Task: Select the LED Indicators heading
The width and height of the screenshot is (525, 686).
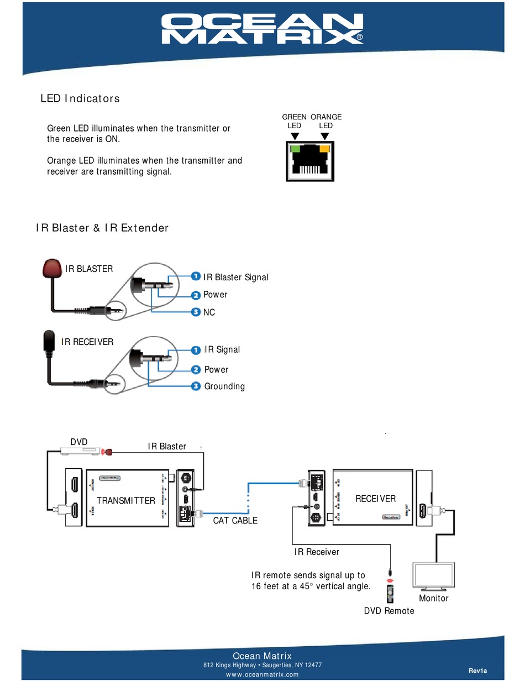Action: coord(80,99)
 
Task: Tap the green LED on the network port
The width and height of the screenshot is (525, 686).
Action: coord(296,149)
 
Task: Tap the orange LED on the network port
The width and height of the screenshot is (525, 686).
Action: coord(324,149)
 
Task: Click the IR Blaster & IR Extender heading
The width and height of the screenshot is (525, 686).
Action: coord(102,228)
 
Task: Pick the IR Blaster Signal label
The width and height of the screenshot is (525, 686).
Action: coord(235,277)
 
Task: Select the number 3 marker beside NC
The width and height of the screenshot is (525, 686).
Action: coord(195,312)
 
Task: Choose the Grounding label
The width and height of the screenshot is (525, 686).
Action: coord(224,386)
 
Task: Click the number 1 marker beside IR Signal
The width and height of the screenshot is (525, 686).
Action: coord(195,349)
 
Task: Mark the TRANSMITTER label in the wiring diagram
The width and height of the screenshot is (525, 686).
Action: coord(126,501)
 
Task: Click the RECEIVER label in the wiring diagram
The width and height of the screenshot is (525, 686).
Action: coord(375,499)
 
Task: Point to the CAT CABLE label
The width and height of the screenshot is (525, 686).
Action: coord(235,521)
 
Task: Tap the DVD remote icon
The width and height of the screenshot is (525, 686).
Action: coord(391,591)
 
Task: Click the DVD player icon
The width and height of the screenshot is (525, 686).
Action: coord(80,452)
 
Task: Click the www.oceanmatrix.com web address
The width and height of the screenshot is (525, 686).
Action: coord(262,674)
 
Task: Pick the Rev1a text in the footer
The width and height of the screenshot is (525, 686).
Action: coord(478,671)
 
